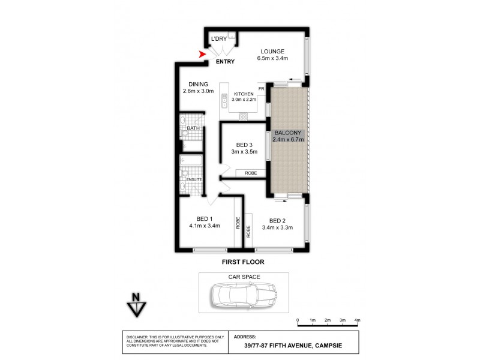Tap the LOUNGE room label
click(x=272, y=51)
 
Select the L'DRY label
click(x=218, y=40)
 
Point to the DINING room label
click(x=198, y=84)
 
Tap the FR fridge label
click(x=261, y=89)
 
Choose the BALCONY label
click(x=289, y=133)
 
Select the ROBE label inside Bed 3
click(x=251, y=173)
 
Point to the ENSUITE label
click(x=194, y=179)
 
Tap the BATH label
click(x=193, y=128)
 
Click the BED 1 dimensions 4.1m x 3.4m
click(x=205, y=226)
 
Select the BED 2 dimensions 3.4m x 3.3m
click(x=277, y=227)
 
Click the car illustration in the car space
click(x=244, y=295)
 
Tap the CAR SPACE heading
click(x=244, y=278)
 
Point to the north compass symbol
click(x=136, y=304)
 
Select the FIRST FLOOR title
click(x=243, y=262)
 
